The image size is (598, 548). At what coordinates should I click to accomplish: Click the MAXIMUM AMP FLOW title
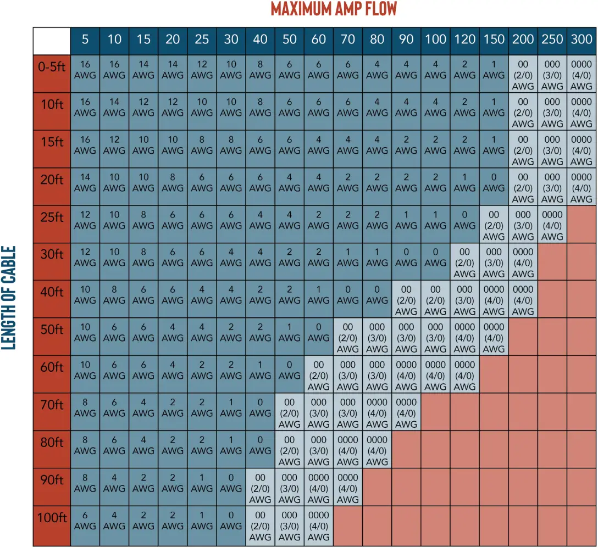coord(334,9)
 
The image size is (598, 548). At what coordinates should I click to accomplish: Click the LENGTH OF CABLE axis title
coord(10,297)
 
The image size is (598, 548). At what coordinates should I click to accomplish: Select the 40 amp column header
coord(260,40)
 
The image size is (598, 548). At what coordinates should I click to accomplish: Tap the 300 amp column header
coord(581,40)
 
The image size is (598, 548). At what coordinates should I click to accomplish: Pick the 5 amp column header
coord(85,40)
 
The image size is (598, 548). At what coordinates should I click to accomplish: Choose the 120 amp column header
coord(464,40)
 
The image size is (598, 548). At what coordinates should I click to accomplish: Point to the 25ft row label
coord(52,218)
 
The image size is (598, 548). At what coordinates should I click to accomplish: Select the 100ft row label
coord(52,518)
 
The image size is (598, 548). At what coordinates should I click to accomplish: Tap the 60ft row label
coord(52,368)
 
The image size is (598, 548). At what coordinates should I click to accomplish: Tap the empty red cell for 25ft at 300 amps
coord(581,224)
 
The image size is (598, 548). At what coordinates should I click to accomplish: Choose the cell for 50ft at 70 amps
coord(347,338)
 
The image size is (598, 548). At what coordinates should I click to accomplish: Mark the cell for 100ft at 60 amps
coord(318,525)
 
